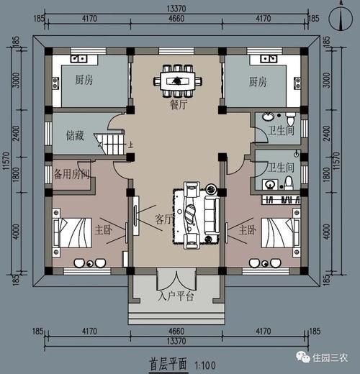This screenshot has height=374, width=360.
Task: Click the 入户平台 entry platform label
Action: click(176, 296)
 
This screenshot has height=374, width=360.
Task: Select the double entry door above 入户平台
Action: click(176, 278)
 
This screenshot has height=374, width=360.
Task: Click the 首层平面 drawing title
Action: click(168, 364)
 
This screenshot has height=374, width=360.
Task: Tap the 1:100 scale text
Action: click(206, 365)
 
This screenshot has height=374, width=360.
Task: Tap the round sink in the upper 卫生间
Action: click(268, 115)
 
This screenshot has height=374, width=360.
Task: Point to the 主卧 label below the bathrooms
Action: click(246, 230)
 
